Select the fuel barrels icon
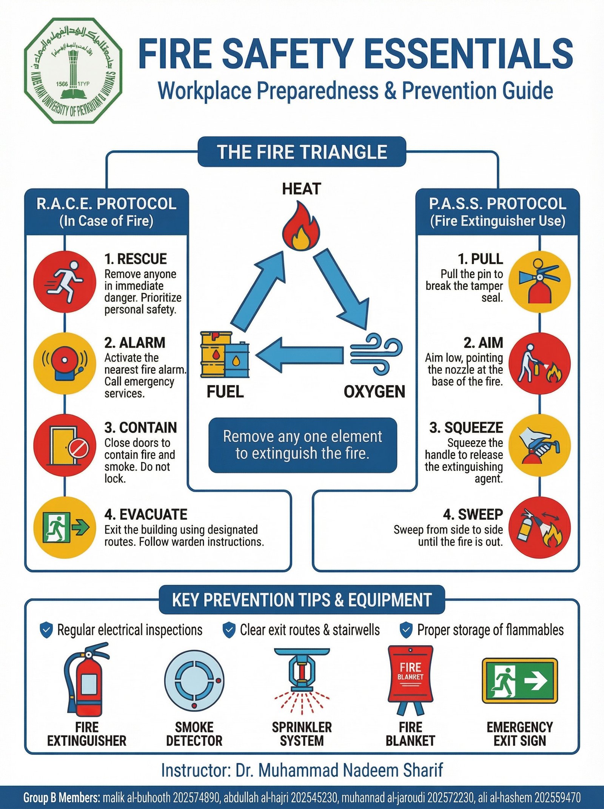pos(225,354)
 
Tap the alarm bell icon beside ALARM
pos(64,364)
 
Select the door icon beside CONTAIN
pos(64,446)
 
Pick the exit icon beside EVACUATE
pos(64,527)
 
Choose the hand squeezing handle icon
pos(539,446)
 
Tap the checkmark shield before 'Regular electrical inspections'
pos(46,630)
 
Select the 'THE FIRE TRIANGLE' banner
pos(302,152)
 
